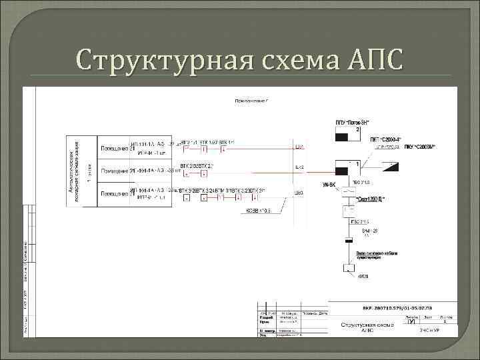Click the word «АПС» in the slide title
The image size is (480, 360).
click(x=366, y=61)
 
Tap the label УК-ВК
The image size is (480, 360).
click(x=329, y=184)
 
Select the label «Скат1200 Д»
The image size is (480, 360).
click(x=371, y=199)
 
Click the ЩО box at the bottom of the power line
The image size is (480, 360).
click(x=348, y=269)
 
